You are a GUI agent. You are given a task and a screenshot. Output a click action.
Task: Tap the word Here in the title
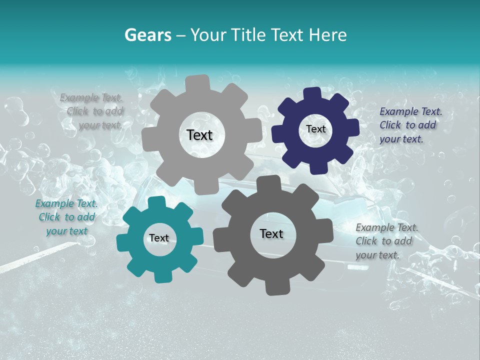327,35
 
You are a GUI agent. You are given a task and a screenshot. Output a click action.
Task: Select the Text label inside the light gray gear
199,135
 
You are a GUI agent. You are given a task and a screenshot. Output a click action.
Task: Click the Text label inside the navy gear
315,129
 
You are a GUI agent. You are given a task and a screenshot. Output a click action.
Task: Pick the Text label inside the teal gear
159,238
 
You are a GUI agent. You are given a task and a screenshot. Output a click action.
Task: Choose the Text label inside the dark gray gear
271,234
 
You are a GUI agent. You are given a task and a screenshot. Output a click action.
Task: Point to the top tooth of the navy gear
312,93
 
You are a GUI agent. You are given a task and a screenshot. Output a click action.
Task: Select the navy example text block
410,125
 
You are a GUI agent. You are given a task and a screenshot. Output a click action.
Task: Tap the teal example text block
66,217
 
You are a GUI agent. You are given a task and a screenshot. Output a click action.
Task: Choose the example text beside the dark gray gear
386,241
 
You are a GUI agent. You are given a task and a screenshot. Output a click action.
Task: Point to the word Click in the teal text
49,217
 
